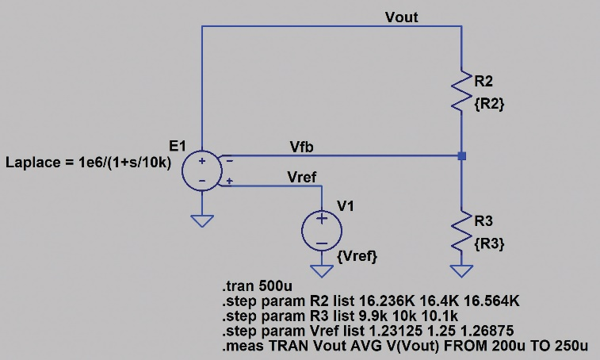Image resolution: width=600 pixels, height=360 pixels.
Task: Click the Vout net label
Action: pos(401,17)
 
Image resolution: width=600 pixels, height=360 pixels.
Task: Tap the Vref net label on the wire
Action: pos(304,176)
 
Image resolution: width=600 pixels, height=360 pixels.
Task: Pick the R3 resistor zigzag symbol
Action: pos(462,231)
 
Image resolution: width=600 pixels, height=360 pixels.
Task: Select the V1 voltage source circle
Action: pos(322,230)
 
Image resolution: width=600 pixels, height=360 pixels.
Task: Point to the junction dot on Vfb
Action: pos(462,156)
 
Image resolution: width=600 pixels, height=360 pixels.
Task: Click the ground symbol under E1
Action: pos(203,220)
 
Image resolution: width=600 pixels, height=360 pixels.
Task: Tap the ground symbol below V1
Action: pos(322,268)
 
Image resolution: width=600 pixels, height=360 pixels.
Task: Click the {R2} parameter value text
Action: pos(490,104)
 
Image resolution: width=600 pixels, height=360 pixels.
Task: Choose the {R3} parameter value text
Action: pos(490,243)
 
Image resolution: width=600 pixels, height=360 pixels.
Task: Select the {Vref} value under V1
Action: pos(357,256)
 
